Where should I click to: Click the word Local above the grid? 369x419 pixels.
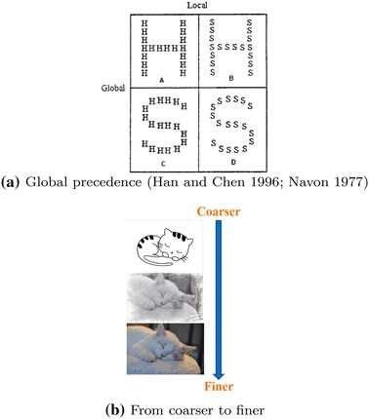199,6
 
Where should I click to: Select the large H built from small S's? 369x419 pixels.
232,45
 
